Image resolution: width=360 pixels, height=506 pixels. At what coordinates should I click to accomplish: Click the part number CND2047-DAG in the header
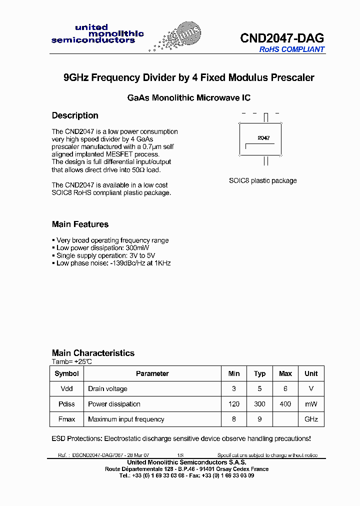click(x=282, y=38)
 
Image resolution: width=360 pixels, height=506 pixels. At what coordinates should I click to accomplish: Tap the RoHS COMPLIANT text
click(x=291, y=49)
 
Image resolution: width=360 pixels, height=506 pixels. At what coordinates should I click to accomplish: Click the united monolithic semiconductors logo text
click(x=97, y=33)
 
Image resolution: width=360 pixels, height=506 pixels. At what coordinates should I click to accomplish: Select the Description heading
click(x=75, y=115)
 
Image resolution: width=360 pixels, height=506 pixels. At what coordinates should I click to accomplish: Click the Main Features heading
click(x=80, y=224)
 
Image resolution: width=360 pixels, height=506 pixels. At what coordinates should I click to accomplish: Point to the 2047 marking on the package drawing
click(x=263, y=137)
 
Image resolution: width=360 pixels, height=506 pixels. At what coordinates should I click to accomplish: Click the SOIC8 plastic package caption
click(x=263, y=180)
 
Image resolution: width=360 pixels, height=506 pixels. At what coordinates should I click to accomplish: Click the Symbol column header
click(x=66, y=373)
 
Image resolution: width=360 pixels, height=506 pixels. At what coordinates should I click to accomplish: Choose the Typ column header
click(x=259, y=373)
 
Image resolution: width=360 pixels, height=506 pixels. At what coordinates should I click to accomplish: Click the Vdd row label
click(x=66, y=388)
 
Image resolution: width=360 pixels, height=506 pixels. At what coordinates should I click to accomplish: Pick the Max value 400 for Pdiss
click(x=285, y=404)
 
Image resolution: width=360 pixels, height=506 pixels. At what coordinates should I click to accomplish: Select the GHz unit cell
click(x=311, y=419)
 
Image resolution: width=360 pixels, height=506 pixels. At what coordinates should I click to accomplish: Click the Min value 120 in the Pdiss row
click(x=234, y=404)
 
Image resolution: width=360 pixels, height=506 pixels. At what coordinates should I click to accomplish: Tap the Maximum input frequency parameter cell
click(x=126, y=419)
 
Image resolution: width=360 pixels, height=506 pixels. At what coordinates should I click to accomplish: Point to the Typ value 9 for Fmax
click(x=259, y=419)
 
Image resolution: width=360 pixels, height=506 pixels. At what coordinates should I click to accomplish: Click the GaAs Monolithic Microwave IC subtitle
click(x=189, y=98)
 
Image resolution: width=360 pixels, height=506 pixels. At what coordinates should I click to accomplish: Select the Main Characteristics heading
click(x=93, y=353)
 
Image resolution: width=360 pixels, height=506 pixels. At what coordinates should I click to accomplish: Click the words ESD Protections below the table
click(x=76, y=438)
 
